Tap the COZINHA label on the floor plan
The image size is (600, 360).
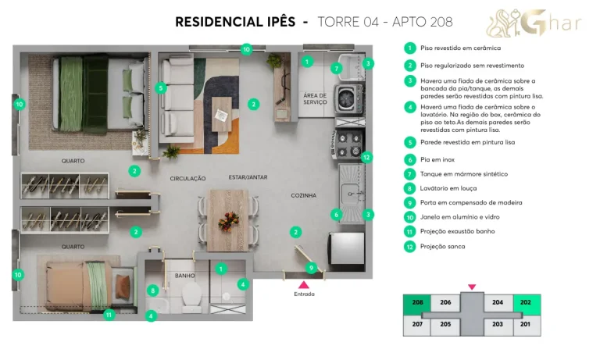tap(304, 195)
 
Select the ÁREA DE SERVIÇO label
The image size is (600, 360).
tap(315, 98)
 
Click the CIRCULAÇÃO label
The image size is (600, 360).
tap(187, 178)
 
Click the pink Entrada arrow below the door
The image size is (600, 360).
tap(304, 284)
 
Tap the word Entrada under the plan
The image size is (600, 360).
tap(304, 294)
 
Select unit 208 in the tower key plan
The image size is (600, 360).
tap(417, 304)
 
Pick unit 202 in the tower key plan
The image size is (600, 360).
tap(526, 304)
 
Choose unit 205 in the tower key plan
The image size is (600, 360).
tap(445, 324)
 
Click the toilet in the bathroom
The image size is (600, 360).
tap(191, 294)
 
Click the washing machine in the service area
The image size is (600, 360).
tap(345, 99)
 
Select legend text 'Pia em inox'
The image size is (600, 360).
tap(438, 159)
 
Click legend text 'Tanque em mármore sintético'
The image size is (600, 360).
tap(464, 173)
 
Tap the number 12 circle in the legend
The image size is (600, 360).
tap(409, 246)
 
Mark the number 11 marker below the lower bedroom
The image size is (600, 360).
tap(109, 315)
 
